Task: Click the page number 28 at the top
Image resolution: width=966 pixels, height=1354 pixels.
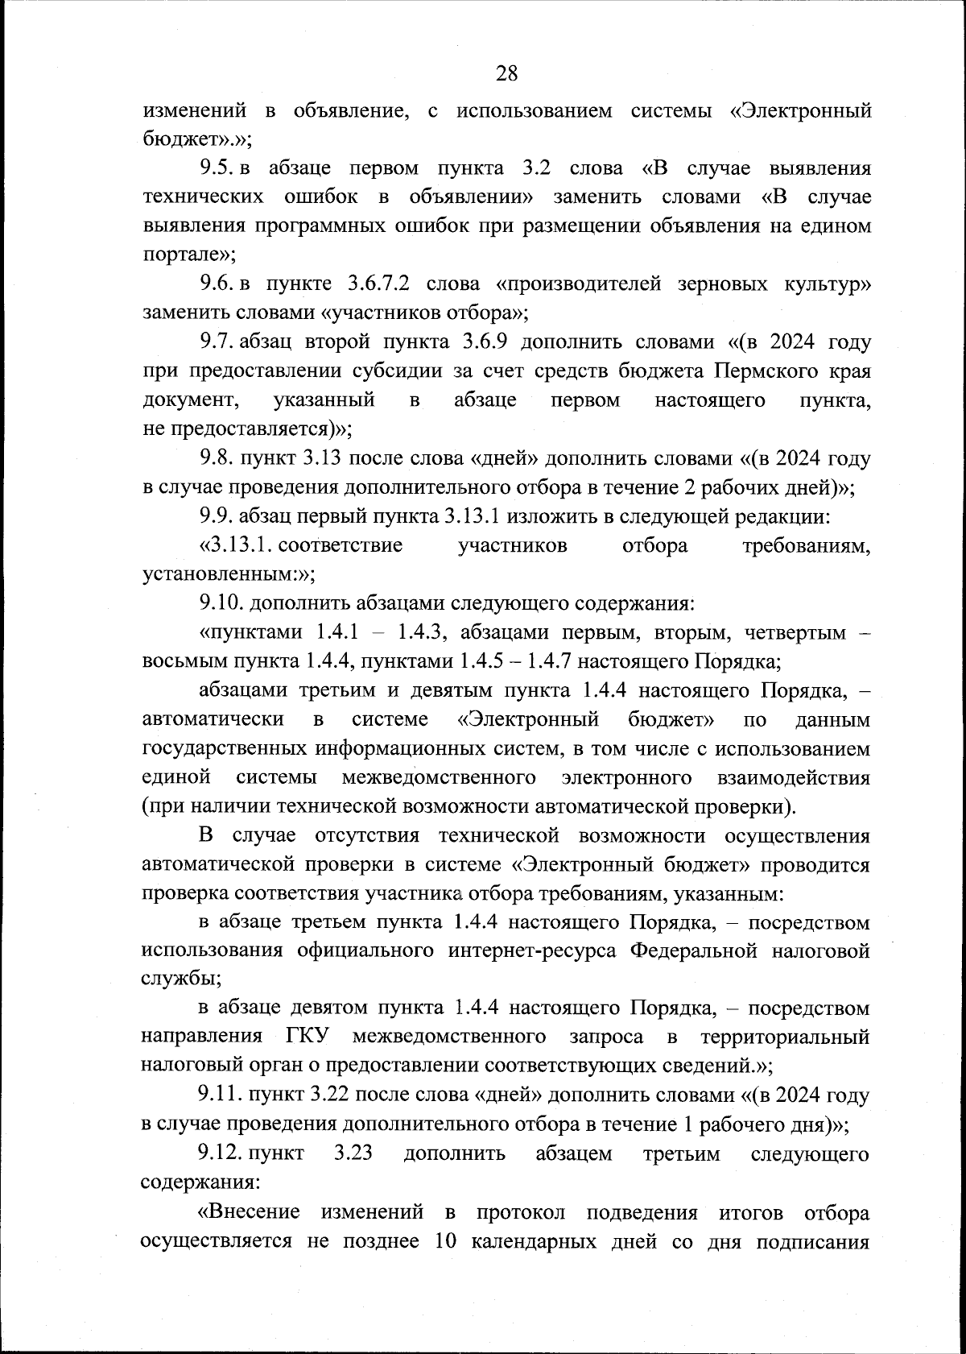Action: pyautogui.click(x=506, y=74)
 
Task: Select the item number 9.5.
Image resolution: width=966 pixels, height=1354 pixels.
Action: pyautogui.click(x=217, y=169)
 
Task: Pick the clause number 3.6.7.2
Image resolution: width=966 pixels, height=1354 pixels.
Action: pyautogui.click(x=378, y=284)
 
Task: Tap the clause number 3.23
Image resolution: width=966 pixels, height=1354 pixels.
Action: pyautogui.click(x=353, y=1154)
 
